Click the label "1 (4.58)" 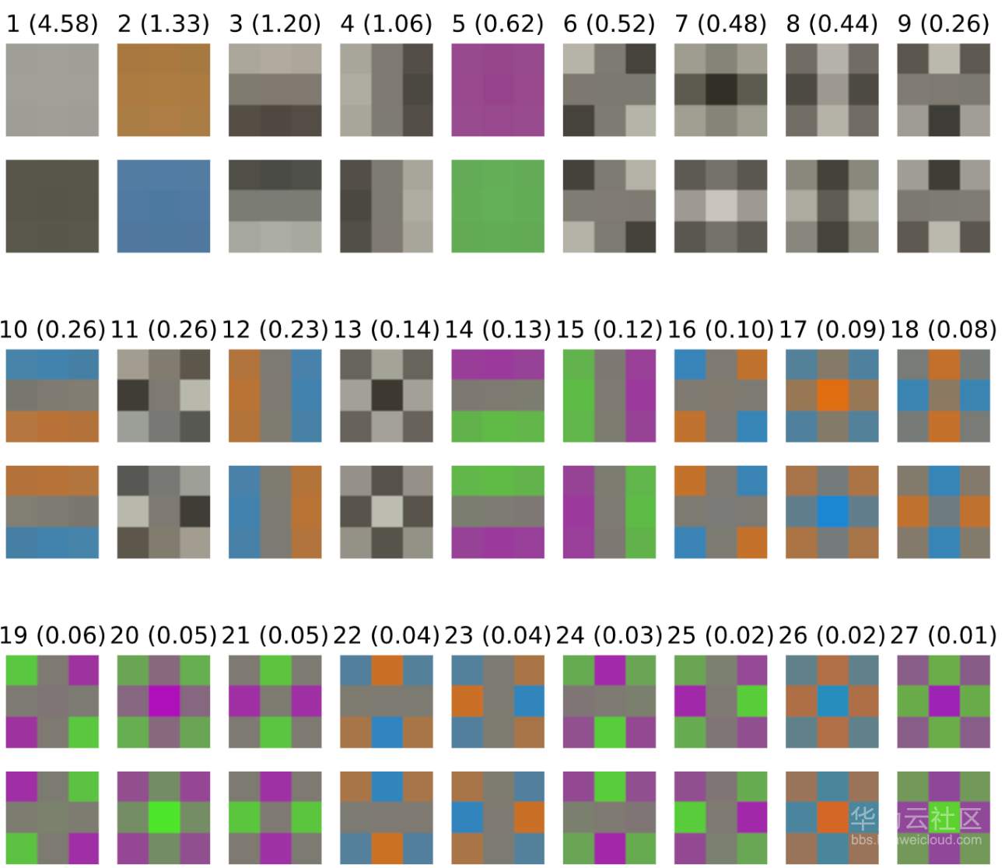(x=52, y=23)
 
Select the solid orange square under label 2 (x=163, y=89)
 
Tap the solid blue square (x=163, y=206)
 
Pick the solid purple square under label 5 (x=498, y=89)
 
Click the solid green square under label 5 (x=498, y=206)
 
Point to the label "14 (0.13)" (x=498, y=330)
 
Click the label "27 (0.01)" (x=944, y=635)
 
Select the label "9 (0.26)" (x=944, y=23)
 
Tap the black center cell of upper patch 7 (x=721, y=89)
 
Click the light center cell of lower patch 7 (x=721, y=206)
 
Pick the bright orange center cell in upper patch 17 (x=832, y=395)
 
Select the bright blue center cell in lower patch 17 (x=832, y=512)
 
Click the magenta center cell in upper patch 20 (x=163, y=701)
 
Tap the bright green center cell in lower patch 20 (x=163, y=817)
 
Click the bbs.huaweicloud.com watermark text (x=916, y=840)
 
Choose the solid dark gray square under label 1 (x=52, y=206)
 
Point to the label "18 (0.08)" (x=944, y=330)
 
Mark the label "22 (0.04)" (x=387, y=635)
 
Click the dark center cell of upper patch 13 (x=387, y=395)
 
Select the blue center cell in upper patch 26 (x=832, y=701)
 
